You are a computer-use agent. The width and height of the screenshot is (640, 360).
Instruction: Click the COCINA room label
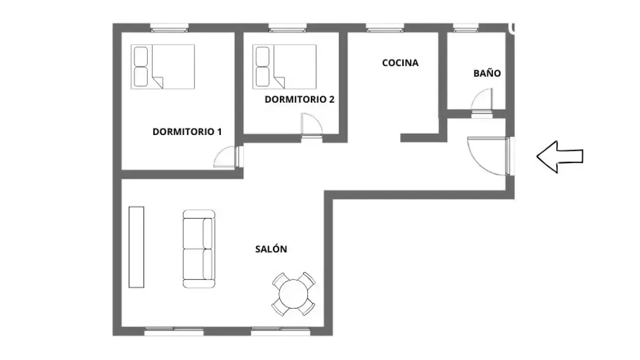coord(400,63)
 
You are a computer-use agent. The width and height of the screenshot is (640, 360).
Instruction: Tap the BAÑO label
coord(487,73)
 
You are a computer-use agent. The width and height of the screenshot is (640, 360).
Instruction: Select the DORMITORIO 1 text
coord(187,132)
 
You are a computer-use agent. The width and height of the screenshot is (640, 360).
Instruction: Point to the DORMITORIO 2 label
coord(299,99)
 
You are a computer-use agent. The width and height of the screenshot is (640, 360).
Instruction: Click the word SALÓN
coord(271,249)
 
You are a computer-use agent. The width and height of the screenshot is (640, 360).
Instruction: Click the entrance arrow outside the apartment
coord(560,156)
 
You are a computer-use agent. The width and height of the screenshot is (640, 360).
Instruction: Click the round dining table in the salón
coord(293,294)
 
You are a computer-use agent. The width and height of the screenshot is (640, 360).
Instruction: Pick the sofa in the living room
coord(199,249)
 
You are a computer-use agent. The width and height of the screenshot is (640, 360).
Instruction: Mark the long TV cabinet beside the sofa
coord(136,247)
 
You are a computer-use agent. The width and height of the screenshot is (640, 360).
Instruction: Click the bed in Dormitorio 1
coord(163,67)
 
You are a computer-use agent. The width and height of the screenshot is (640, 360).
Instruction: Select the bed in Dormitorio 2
coord(284,67)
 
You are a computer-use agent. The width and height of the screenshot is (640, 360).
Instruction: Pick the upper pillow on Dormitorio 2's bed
coord(263,56)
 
